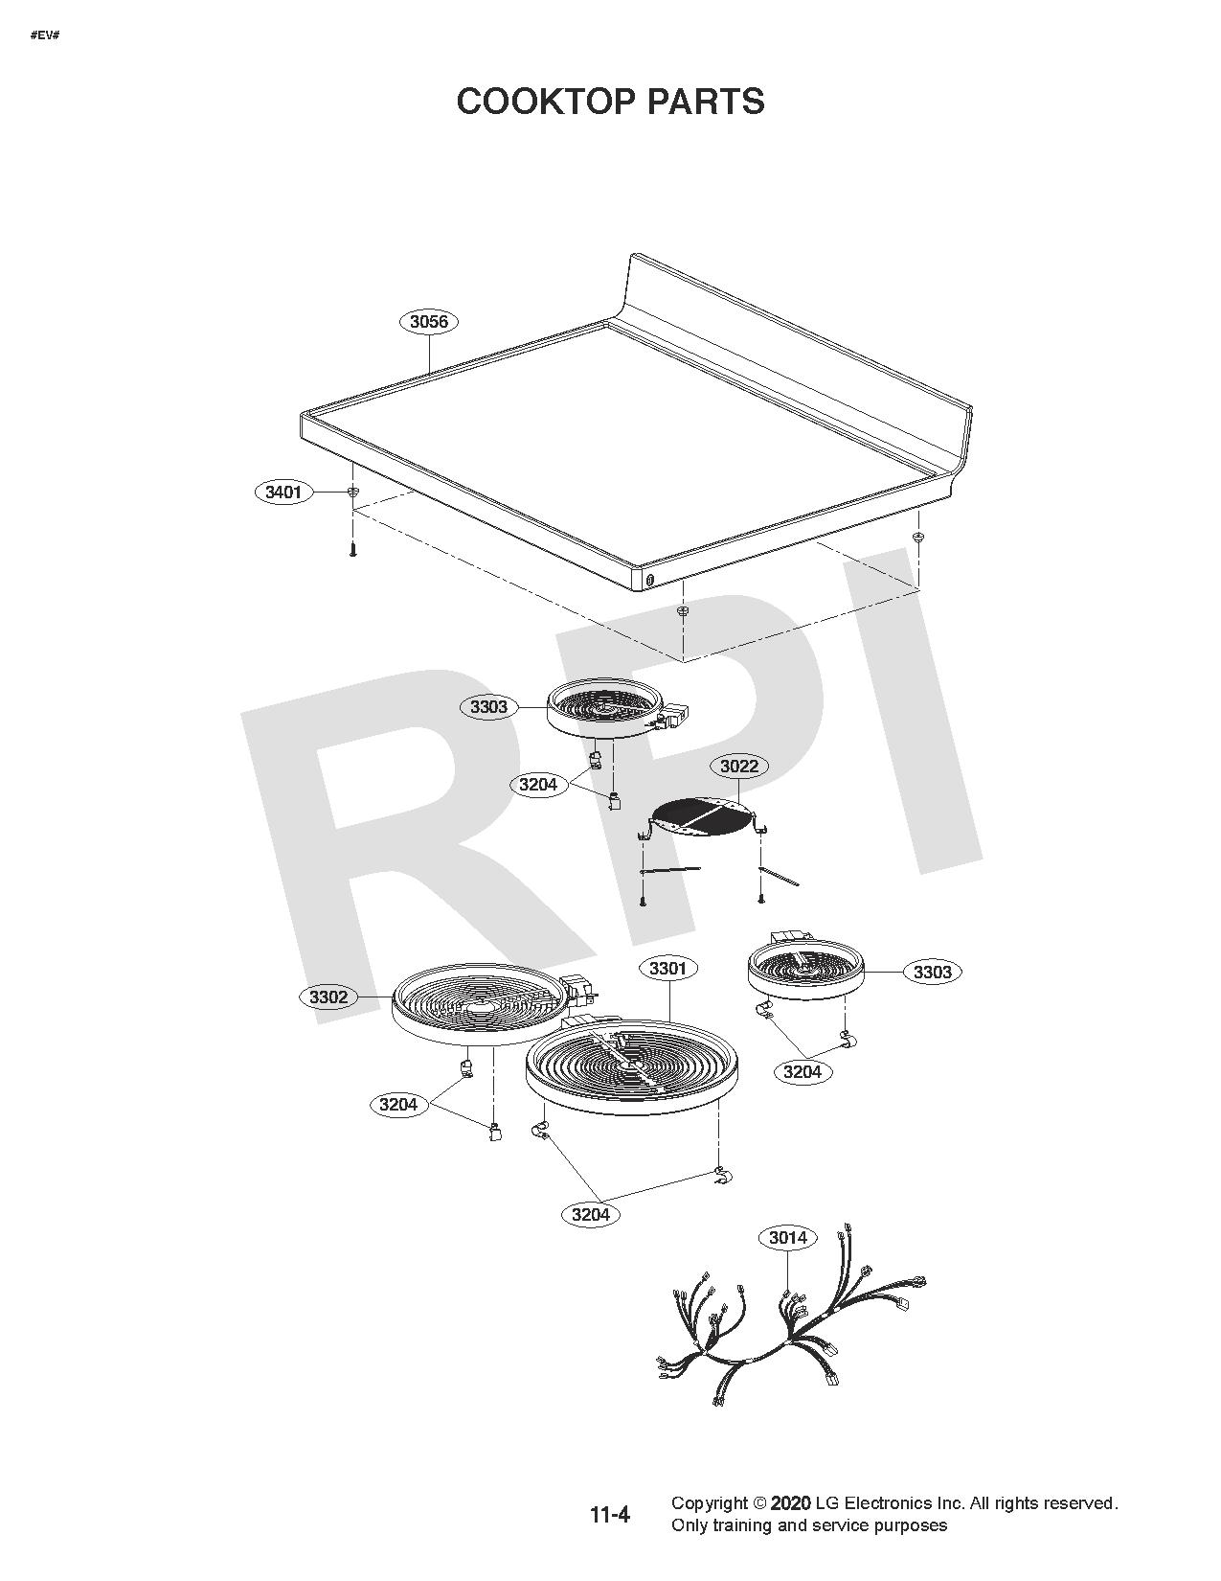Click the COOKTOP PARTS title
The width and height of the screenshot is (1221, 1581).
[610, 102]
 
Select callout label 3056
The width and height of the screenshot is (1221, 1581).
[428, 322]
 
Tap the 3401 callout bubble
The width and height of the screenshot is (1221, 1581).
[283, 493]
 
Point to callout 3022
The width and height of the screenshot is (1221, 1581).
[738, 766]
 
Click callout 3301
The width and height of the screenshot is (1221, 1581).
[667, 969]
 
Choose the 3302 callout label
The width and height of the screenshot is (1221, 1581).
[328, 997]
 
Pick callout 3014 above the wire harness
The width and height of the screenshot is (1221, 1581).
[787, 1238]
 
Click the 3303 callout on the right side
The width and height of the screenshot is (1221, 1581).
[932, 973]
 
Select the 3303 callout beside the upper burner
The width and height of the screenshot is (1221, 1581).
[488, 707]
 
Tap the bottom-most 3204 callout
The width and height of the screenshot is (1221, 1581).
[590, 1215]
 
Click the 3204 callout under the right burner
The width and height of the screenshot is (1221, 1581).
[803, 1072]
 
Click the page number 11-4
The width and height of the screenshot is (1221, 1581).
[609, 1515]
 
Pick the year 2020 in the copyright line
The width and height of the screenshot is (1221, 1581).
[790, 1503]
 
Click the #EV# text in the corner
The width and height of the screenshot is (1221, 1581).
[45, 35]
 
